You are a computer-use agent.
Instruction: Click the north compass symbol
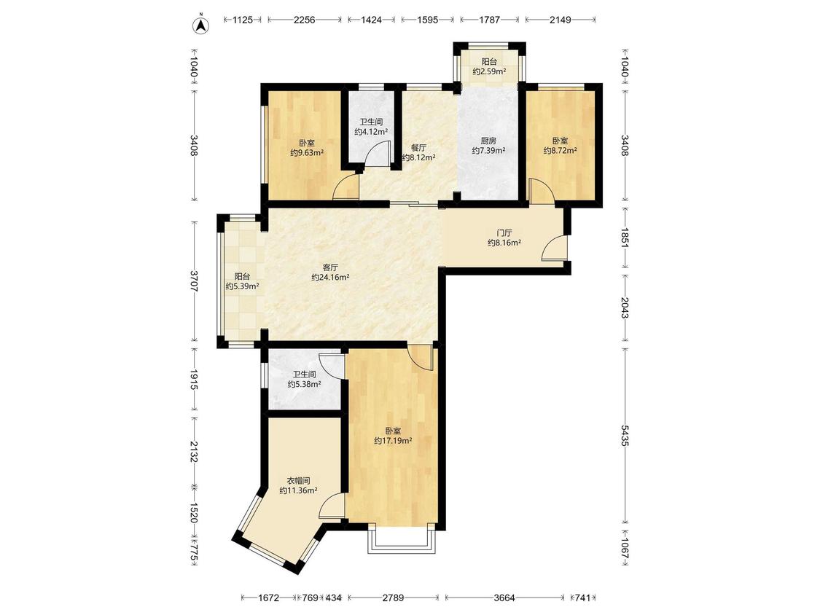[201, 25]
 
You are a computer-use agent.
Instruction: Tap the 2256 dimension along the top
[305, 20]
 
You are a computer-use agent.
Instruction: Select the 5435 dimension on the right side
[625, 435]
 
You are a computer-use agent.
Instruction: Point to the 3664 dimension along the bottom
[504, 598]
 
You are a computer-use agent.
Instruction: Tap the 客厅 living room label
[330, 267]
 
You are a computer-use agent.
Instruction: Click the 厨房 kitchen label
[488, 141]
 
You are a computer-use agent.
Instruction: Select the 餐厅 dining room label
[418, 147]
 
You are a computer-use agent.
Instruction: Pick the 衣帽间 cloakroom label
[299, 481]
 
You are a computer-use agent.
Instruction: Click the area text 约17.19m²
[393, 441]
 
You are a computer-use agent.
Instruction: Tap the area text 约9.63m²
[307, 153]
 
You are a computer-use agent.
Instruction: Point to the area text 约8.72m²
[560, 151]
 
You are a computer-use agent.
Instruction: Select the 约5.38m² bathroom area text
[305, 385]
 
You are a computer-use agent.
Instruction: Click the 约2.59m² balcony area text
[489, 71]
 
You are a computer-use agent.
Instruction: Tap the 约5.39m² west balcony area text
[243, 286]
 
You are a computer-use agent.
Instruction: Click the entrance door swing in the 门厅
[555, 247]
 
